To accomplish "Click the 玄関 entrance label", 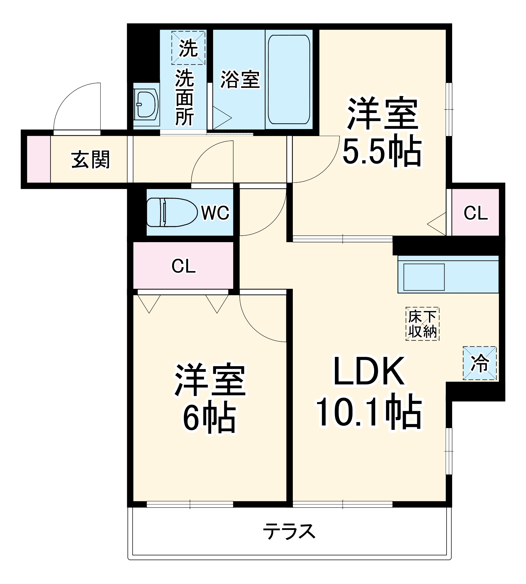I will pyautogui.click(x=90, y=160).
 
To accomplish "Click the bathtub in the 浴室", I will pyautogui.click(x=289, y=79).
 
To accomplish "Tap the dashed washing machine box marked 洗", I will pyautogui.click(x=188, y=48).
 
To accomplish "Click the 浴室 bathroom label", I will pyautogui.click(x=240, y=79).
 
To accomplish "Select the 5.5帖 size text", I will pyautogui.click(x=382, y=151).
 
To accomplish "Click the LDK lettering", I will pyautogui.click(x=369, y=372).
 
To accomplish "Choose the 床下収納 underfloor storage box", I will pyautogui.click(x=422, y=324).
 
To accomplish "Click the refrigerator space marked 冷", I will pyautogui.click(x=480, y=363).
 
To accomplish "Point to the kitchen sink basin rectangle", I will pyautogui.click(x=424, y=277).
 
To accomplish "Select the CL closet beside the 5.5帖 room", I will pyautogui.click(x=475, y=213).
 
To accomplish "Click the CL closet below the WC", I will pyautogui.click(x=183, y=266).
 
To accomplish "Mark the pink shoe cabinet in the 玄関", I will pyautogui.click(x=39, y=159).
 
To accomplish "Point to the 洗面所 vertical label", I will pyautogui.click(x=184, y=98).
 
